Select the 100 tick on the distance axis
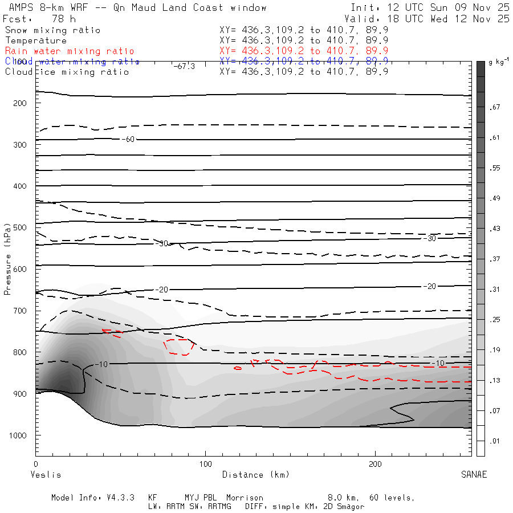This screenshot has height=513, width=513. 206,465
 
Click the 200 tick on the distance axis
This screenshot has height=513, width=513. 376,465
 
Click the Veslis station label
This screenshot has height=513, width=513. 45,475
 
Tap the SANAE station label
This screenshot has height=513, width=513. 474,475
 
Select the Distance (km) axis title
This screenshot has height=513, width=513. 255,475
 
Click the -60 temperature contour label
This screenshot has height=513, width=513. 130,139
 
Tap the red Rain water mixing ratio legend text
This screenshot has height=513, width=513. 70,51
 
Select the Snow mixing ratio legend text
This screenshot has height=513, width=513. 52,30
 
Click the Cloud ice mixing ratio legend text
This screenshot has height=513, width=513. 67,72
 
